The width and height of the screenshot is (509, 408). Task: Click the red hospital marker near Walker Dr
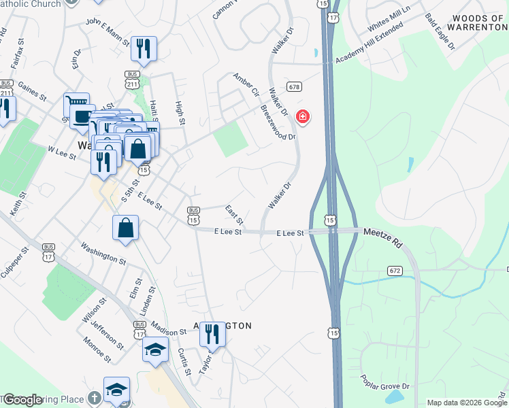point(303,118)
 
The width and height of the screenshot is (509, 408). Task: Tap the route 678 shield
point(294,86)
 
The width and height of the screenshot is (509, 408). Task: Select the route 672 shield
point(395,271)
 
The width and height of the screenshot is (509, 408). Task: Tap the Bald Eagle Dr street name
point(439,31)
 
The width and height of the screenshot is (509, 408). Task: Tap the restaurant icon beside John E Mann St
point(144,48)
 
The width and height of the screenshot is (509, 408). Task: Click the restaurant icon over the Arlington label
point(214,333)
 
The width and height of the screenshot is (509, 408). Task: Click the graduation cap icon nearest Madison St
point(155,350)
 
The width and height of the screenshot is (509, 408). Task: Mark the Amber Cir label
point(246,84)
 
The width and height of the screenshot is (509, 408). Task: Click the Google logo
point(22,400)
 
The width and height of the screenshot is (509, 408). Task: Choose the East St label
point(235,215)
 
